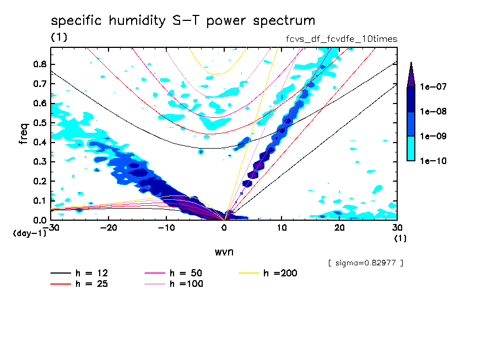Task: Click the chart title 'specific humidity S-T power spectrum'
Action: point(183,21)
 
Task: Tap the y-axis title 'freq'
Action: point(23,134)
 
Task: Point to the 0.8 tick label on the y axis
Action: point(39,64)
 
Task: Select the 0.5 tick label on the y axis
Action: point(39,123)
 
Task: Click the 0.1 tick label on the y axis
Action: point(39,201)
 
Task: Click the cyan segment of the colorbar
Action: point(411,148)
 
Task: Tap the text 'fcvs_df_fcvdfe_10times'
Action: point(338,39)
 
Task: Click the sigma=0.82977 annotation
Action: point(365,263)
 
